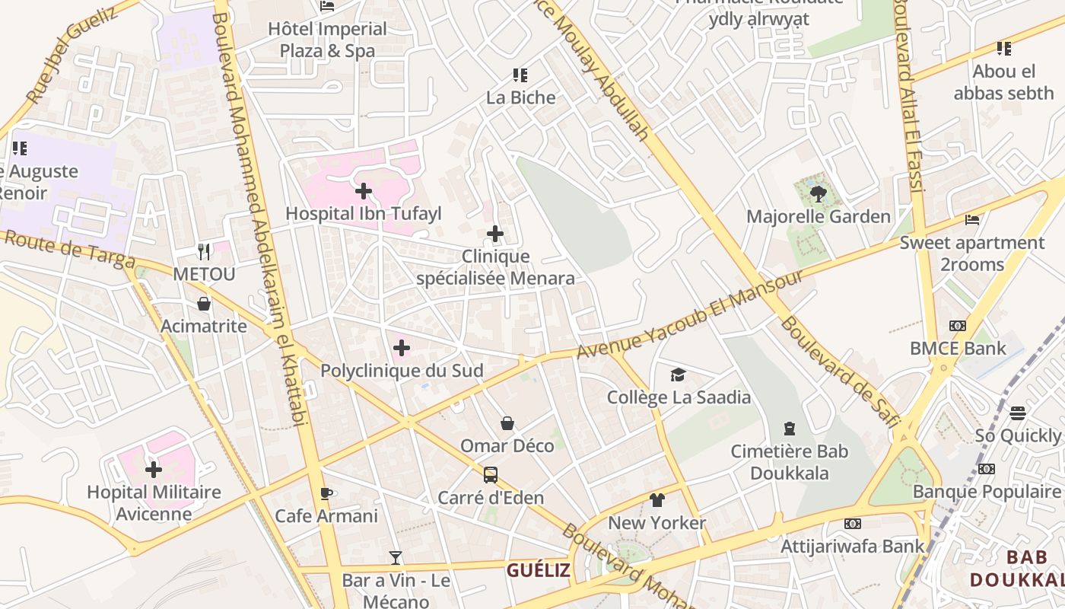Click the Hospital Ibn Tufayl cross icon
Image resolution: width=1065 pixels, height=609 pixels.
(x=364, y=190)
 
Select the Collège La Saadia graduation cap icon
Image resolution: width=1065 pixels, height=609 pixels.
(x=678, y=375)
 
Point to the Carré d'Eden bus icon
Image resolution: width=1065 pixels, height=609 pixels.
(x=491, y=475)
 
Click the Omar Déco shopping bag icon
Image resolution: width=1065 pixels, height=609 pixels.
(x=507, y=423)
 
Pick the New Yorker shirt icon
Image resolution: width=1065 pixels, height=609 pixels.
(x=657, y=500)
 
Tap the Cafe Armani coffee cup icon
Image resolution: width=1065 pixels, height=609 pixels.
(x=326, y=493)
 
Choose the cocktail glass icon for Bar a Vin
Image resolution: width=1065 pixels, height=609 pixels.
(x=395, y=558)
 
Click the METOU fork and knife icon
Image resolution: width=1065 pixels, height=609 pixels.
(x=204, y=251)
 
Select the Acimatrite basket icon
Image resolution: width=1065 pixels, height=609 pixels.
(x=204, y=304)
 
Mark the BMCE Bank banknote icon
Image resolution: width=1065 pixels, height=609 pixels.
(x=958, y=326)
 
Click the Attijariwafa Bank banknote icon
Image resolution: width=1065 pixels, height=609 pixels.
(x=853, y=524)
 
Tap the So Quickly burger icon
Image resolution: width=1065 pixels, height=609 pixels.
(x=1018, y=413)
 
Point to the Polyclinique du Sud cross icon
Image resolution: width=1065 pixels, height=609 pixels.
(x=402, y=349)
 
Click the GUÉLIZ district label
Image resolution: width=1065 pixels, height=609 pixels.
(x=539, y=570)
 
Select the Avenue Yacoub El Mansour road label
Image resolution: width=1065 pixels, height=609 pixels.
(x=689, y=314)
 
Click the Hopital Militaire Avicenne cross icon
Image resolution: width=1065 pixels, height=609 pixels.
(x=154, y=469)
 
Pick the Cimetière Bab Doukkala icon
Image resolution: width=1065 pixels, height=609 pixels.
(x=790, y=429)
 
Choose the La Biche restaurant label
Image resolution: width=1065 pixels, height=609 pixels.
(x=521, y=97)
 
